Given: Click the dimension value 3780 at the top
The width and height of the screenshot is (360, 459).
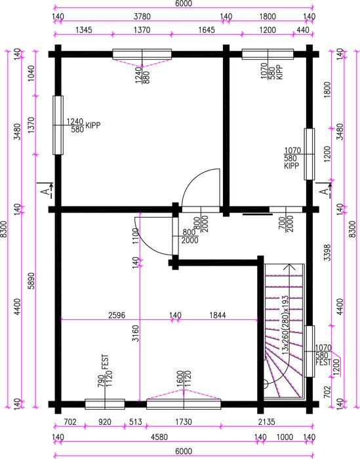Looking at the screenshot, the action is [142, 16].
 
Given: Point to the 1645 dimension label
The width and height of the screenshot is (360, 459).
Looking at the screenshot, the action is [207, 30].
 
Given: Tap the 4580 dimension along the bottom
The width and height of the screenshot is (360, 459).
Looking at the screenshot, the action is [159, 437].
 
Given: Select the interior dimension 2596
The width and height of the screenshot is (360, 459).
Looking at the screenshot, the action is [117, 315].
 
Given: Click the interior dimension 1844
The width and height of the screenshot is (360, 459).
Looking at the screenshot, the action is [218, 315].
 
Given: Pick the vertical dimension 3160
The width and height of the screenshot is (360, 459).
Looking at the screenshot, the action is [136, 333].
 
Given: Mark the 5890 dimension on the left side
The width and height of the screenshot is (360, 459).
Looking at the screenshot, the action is [31, 281].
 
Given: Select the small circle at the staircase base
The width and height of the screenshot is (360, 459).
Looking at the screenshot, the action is [266, 384].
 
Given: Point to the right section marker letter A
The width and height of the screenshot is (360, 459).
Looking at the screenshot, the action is [325, 191].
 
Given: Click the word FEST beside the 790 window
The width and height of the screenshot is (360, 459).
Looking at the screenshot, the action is [105, 362].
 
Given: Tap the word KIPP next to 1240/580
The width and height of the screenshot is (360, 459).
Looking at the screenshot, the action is [92, 126].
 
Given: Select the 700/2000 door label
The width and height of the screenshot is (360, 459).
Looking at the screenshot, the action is [286, 224].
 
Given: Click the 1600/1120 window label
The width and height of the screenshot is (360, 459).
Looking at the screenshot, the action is [184, 379].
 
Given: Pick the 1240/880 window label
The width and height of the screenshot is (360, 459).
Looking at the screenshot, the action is [142, 75].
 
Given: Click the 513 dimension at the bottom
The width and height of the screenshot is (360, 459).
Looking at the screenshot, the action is [136, 422].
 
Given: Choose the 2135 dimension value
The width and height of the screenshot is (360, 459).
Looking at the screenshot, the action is [267, 422].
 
